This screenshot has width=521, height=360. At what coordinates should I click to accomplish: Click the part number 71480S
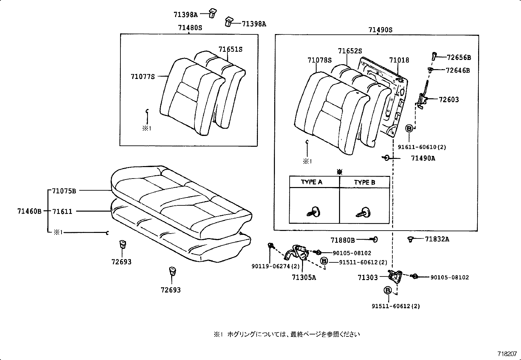tap(190, 28)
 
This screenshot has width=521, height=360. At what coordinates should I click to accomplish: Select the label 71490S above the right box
tap(380, 30)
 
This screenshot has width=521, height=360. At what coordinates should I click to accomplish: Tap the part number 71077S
tap(143, 77)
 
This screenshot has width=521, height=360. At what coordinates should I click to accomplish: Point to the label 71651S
tap(230, 49)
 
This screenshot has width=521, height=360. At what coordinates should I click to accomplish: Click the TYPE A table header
tap(311, 182)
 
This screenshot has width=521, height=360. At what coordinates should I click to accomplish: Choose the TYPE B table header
tap(364, 182)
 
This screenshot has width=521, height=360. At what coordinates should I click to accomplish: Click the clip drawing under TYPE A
tap(314, 211)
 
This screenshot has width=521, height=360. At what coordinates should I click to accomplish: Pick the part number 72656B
tap(458, 58)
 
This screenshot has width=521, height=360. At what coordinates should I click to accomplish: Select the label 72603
tap(449, 100)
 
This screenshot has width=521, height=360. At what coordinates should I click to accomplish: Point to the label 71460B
tap(29, 211)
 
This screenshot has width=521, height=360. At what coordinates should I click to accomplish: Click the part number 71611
tap(62, 211)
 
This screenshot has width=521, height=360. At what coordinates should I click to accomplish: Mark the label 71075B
tap(64, 191)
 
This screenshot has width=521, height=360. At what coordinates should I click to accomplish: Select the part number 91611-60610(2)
tap(422, 147)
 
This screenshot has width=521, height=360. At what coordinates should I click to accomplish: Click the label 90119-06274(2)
tap(271, 267)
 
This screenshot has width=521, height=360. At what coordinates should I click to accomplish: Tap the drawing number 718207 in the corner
tap(507, 354)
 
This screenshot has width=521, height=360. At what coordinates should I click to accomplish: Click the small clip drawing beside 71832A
tap(410, 239)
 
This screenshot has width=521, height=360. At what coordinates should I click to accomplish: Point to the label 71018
tap(399, 60)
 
